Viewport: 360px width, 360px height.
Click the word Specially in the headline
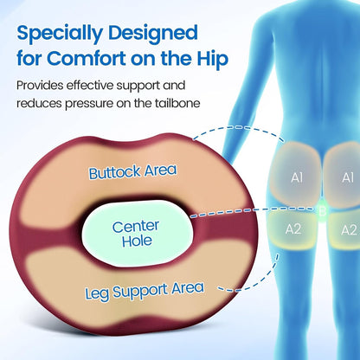point(60,34)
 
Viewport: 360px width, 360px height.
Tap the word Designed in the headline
point(153,34)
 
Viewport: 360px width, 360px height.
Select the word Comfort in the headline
point(86,59)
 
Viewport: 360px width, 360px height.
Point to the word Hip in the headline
point(213,60)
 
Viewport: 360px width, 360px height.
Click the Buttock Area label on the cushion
point(132,172)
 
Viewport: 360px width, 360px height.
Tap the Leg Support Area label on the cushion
point(145,291)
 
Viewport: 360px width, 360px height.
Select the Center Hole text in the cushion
point(136,234)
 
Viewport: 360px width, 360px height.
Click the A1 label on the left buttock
point(297,177)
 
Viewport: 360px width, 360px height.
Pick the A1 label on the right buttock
point(348,177)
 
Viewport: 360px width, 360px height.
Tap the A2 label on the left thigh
point(293,229)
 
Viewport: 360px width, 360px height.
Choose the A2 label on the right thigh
point(349,230)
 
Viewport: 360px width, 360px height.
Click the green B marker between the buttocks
point(323,211)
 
